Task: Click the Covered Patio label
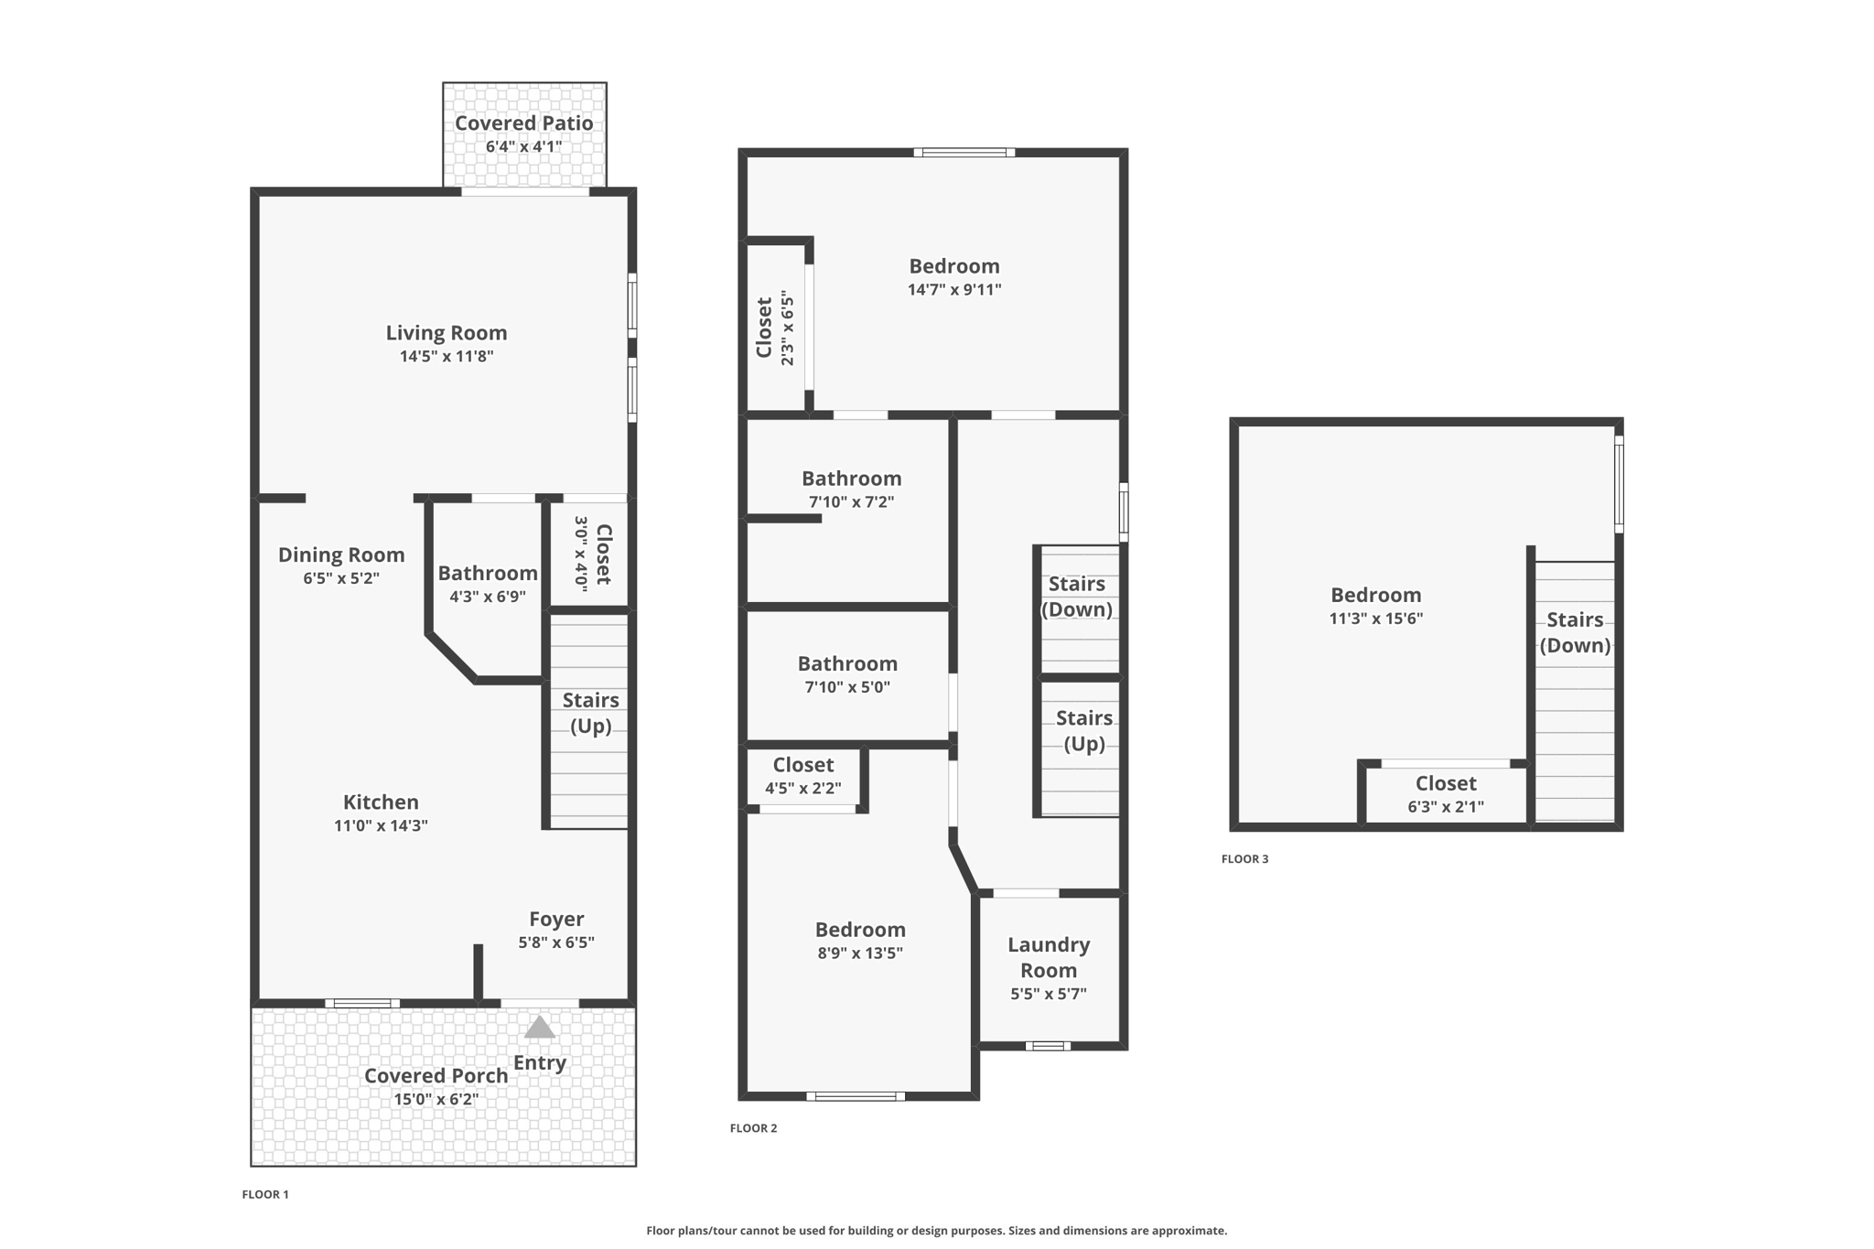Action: pyautogui.click(x=523, y=123)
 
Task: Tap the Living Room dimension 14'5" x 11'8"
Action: pyautogui.click(x=447, y=356)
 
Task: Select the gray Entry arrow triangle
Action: pyautogui.click(x=539, y=1028)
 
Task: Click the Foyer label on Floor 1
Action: pyautogui.click(x=556, y=919)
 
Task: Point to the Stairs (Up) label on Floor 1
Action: pyautogui.click(x=590, y=713)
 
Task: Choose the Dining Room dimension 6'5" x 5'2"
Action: pyautogui.click(x=341, y=578)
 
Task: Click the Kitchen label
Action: pyautogui.click(x=381, y=802)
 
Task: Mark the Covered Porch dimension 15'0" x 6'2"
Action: pyautogui.click(x=436, y=1099)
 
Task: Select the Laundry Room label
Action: pyautogui.click(x=1049, y=957)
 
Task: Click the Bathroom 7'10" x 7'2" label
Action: pyautogui.click(x=851, y=479)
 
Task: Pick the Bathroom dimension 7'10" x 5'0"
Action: pyautogui.click(x=847, y=687)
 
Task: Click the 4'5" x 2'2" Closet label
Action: pyautogui.click(x=803, y=765)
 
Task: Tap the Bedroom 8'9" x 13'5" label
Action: pyautogui.click(x=860, y=930)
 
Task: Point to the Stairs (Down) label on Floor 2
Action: pyautogui.click(x=1077, y=597)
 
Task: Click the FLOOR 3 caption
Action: pyautogui.click(x=1244, y=858)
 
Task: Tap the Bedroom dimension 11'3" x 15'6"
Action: pyautogui.click(x=1376, y=619)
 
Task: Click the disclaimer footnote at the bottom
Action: pyautogui.click(x=936, y=1231)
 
